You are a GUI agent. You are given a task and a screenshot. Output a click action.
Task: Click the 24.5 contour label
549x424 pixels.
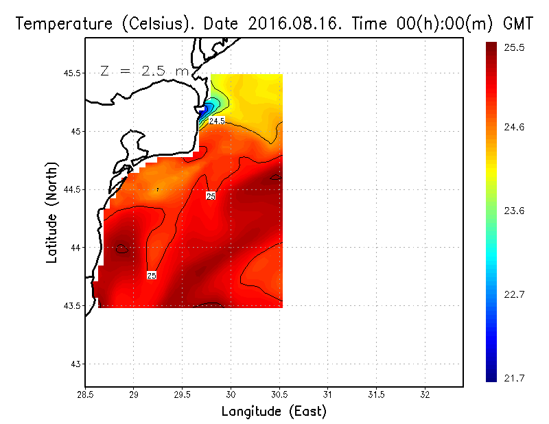(x=217, y=121)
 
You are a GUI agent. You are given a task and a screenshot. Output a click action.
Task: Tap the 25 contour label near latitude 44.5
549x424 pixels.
(x=211, y=196)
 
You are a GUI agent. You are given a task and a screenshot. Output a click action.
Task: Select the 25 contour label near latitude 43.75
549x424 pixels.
(x=152, y=275)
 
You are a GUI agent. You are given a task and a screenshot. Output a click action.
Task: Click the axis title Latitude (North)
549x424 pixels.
(x=52, y=213)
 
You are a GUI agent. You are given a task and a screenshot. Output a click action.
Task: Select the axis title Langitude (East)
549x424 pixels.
(x=274, y=412)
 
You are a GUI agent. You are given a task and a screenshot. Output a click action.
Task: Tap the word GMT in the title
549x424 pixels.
(x=519, y=24)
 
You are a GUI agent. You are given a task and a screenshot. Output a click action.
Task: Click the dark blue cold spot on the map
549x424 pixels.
(x=206, y=110)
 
